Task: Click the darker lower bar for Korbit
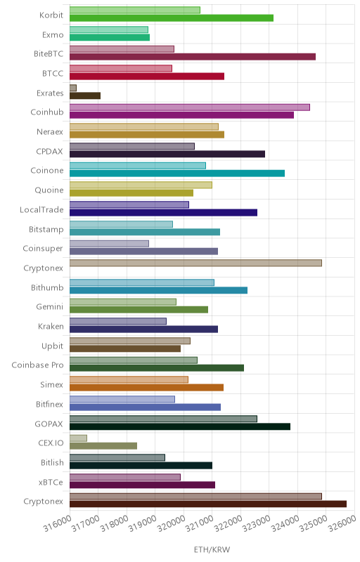pos(172,18)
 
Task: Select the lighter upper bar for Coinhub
pos(190,107)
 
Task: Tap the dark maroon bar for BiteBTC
pos(193,57)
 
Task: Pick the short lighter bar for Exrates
pos(73,88)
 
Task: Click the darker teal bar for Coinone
pos(177,174)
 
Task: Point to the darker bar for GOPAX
pos(180,426)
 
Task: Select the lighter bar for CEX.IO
pos(78,438)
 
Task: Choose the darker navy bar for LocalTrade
pos(164,213)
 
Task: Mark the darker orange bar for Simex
pos(147,388)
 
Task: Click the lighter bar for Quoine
pos(141,185)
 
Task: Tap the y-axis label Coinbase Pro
pos(37,365)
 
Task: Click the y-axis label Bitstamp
pos(46,230)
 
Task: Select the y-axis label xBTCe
pos(51,482)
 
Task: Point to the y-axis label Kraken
pos(51,326)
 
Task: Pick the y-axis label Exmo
pos(52,34)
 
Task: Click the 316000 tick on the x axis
pos(58,524)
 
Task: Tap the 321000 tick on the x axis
pos(200,524)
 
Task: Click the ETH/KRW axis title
pos(212,549)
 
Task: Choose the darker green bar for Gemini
pos(139,310)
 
